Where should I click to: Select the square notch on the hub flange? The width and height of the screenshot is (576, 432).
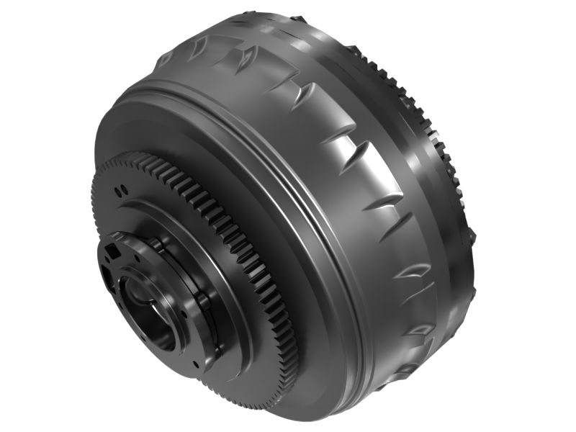113,251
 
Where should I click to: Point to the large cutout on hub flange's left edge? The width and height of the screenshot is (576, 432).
106,277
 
